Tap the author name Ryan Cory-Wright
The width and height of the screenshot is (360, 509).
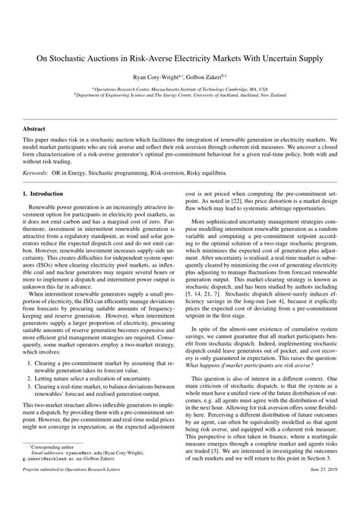coord(156,77)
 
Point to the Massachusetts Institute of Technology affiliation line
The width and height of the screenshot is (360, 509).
coord(179,89)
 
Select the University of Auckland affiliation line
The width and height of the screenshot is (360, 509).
coord(179,95)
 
